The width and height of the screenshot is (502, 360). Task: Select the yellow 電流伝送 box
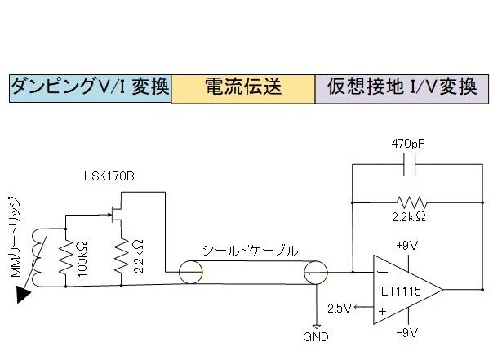pos(242,87)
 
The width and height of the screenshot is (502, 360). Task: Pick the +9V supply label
pos(407,245)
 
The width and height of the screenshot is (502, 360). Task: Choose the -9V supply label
pos(406,332)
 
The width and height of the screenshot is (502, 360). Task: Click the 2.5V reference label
pos(337,308)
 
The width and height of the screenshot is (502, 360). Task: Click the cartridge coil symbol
pos(38,253)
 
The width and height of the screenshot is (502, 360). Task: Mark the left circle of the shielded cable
pos(193,272)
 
